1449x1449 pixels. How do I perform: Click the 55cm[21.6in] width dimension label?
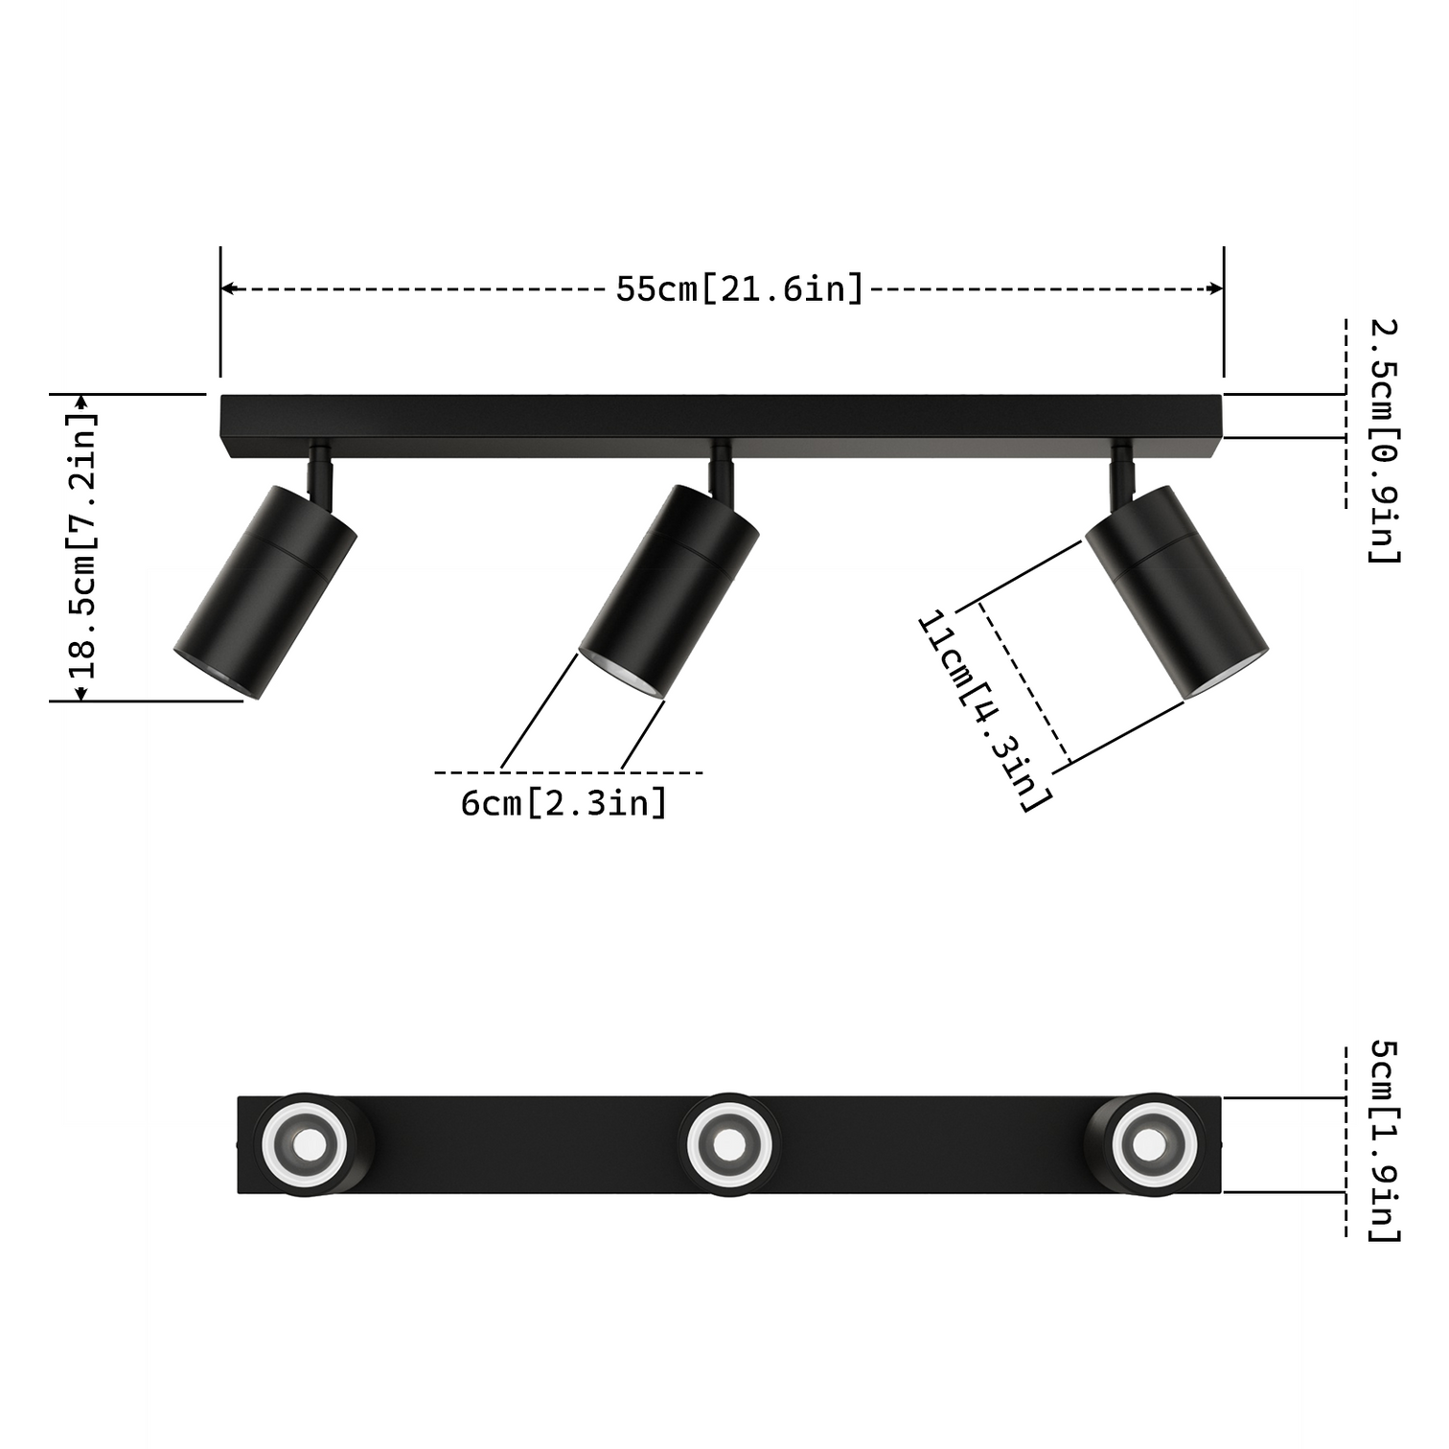(x=740, y=288)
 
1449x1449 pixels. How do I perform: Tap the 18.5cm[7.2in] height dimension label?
(x=84, y=546)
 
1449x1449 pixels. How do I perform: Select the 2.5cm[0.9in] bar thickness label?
(x=1383, y=441)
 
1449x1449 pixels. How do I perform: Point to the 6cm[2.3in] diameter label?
(x=563, y=803)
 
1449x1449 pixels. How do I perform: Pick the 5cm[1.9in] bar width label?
(x=1383, y=1140)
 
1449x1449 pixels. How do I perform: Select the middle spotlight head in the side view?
(x=669, y=589)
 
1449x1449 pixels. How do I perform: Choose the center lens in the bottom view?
(x=729, y=1144)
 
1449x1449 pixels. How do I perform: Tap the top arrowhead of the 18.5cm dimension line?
(x=81, y=401)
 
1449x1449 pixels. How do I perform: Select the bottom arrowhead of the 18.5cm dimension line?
(x=81, y=693)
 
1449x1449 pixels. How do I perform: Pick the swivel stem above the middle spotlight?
(x=721, y=470)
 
